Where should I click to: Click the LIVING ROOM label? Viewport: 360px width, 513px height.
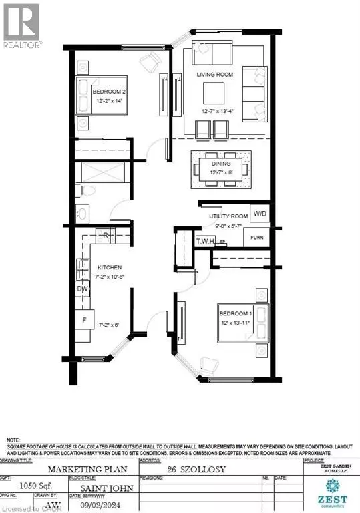[x=215, y=75]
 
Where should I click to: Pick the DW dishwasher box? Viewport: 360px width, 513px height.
[x=83, y=289]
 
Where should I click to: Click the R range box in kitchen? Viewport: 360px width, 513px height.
[x=106, y=236]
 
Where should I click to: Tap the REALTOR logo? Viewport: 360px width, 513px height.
[x=22, y=24]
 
